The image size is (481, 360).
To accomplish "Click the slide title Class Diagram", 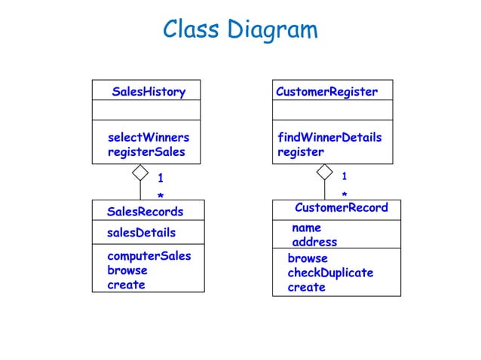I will coord(240,30).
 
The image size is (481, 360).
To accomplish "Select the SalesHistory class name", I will coord(149,92).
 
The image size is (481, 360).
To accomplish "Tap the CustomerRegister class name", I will coord(326,92).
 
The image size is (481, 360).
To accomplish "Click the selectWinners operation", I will coord(149,138).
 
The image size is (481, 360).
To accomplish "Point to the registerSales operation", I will coord(146,152).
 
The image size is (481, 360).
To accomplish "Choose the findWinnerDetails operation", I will coord(329,138).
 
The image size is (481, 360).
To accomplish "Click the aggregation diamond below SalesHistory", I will coord(140,172).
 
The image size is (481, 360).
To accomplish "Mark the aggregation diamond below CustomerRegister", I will coord(325,172).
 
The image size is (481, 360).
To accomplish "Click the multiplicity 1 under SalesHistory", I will coord(160,178).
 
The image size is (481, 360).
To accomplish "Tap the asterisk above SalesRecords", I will coord(160,196).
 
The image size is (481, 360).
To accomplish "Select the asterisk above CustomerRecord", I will coord(344,195).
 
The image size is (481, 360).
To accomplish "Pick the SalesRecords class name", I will coord(145,211).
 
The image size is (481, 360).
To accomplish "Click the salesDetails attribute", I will coord(141,233).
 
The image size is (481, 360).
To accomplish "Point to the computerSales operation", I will coord(149,255).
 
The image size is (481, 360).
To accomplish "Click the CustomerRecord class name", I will coord(341,208).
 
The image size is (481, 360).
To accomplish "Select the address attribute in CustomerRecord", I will coord(314,242).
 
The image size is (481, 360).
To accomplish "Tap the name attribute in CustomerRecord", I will coord(306,227).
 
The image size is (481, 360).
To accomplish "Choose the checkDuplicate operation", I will coord(330,273).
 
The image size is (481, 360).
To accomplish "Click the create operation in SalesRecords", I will coord(126,285).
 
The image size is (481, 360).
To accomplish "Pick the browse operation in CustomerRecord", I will coord(308,258).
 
